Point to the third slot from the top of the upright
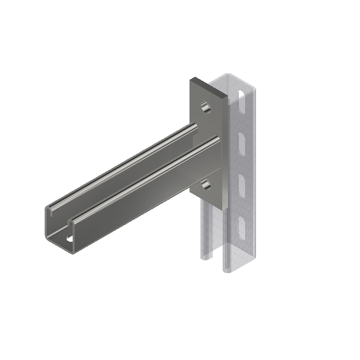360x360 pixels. (240, 183)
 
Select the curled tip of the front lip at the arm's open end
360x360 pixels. (71, 221)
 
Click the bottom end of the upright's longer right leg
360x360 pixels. (228, 271)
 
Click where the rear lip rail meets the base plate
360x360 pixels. (194, 126)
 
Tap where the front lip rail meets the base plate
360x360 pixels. (218, 139)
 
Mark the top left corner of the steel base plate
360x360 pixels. (191, 79)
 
